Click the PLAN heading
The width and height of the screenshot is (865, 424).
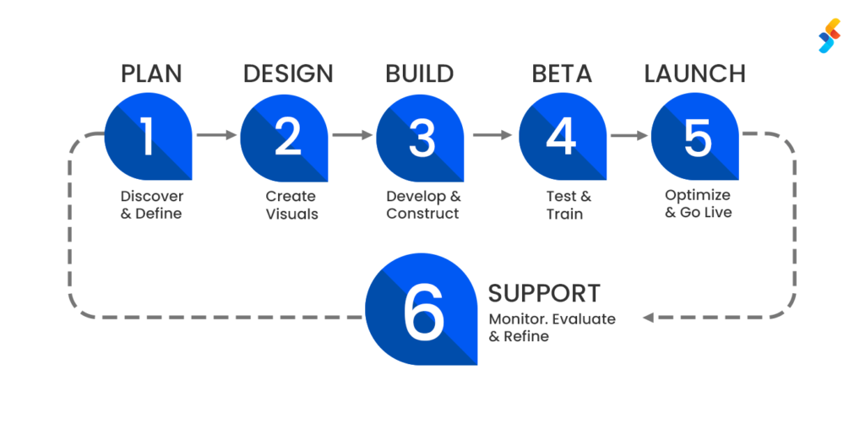[x=151, y=73]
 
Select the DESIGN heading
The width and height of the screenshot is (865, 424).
[x=288, y=73]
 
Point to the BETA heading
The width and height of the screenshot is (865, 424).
[x=562, y=73]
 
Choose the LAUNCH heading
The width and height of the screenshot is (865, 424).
[x=695, y=73]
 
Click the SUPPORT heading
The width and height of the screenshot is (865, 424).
[x=545, y=293]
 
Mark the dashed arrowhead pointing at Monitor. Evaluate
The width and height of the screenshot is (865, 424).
[x=649, y=318]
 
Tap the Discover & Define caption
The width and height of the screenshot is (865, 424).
[x=151, y=204]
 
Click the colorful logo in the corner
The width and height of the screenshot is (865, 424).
[x=830, y=35]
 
